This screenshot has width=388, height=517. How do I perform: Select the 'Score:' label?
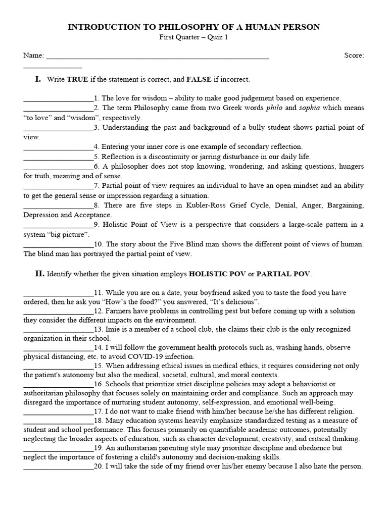[x=354, y=56]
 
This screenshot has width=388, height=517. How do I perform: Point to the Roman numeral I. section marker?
[x=37, y=79]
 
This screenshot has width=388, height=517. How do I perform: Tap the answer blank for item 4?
[x=58, y=147]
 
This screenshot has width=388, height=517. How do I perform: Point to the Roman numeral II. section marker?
[x=39, y=274]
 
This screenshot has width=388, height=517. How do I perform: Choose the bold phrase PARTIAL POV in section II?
[x=283, y=274]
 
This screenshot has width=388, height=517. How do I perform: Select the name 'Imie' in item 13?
[x=113, y=330]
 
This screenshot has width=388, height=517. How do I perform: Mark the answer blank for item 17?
[x=58, y=411]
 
